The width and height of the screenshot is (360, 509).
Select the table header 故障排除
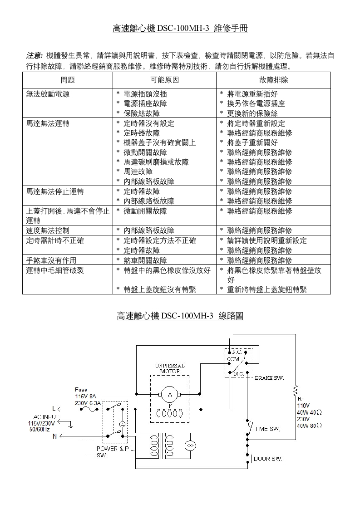[273, 80]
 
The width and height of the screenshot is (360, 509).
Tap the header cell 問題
[68, 80]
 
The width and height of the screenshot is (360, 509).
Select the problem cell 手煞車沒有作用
[51, 260]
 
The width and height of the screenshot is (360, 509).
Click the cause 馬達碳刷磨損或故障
[156, 162]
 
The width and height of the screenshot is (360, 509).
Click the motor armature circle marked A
[170, 394]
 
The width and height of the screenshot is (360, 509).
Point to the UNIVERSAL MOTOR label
[170, 368]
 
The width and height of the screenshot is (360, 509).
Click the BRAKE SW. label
[269, 377]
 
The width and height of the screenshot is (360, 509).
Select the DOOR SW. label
[268, 459]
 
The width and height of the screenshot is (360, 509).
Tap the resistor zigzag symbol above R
[296, 390]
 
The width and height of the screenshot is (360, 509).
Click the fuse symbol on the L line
[88, 408]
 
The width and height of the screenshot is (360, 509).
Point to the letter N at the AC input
[55, 436]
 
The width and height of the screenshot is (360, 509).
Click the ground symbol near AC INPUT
[70, 425]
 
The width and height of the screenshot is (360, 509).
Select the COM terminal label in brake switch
[233, 359]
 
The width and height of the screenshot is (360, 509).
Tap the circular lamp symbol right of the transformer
[190, 445]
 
